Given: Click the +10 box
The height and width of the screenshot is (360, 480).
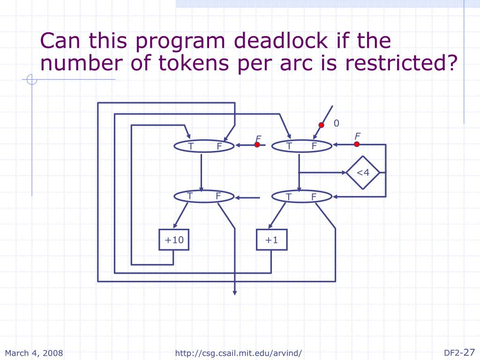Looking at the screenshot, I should pyautogui.click(x=174, y=240).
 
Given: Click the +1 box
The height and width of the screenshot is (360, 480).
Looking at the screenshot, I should pyautogui.click(x=271, y=240).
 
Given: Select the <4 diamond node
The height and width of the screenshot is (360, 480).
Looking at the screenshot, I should pyautogui.click(x=363, y=172).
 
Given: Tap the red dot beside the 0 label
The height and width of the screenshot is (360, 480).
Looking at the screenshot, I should pyautogui.click(x=322, y=125).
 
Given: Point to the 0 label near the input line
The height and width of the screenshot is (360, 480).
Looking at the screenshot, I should pyautogui.click(x=336, y=123).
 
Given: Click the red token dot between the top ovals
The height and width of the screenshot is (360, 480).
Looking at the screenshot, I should pyautogui.click(x=257, y=145).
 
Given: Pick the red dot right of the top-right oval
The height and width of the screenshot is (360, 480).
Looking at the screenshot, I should pyautogui.click(x=363, y=145).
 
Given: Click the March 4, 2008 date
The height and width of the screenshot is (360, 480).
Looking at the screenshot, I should pyautogui.click(x=34, y=353).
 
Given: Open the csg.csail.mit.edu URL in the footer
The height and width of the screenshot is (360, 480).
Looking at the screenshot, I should pyautogui.click(x=239, y=353).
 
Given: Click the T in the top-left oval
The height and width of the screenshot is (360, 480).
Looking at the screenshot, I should pyautogui.click(x=191, y=146).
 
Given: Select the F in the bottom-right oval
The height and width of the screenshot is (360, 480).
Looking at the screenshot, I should pyautogui.click(x=314, y=197).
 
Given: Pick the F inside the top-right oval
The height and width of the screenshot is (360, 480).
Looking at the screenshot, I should pyautogui.click(x=314, y=146).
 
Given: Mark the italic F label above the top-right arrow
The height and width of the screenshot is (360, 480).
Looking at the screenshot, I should pyautogui.click(x=357, y=136).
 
